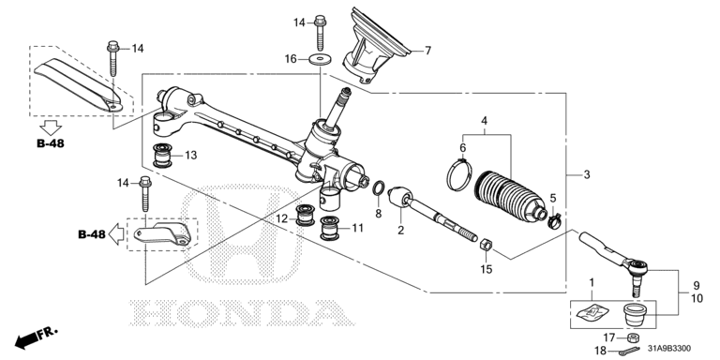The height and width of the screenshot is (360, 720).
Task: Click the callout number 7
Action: tap(427, 51)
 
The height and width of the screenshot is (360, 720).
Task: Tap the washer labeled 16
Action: tap(316, 59)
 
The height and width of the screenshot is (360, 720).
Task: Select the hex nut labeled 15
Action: tap(487, 245)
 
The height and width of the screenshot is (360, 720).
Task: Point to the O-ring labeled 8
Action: tap(379, 188)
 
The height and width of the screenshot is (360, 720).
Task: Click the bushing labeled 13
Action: tap(162, 157)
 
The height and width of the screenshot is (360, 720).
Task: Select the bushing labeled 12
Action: tap(304, 216)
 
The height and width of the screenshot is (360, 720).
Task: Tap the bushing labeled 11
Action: tap(330, 228)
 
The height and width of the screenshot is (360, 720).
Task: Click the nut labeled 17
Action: tap(634, 337)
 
